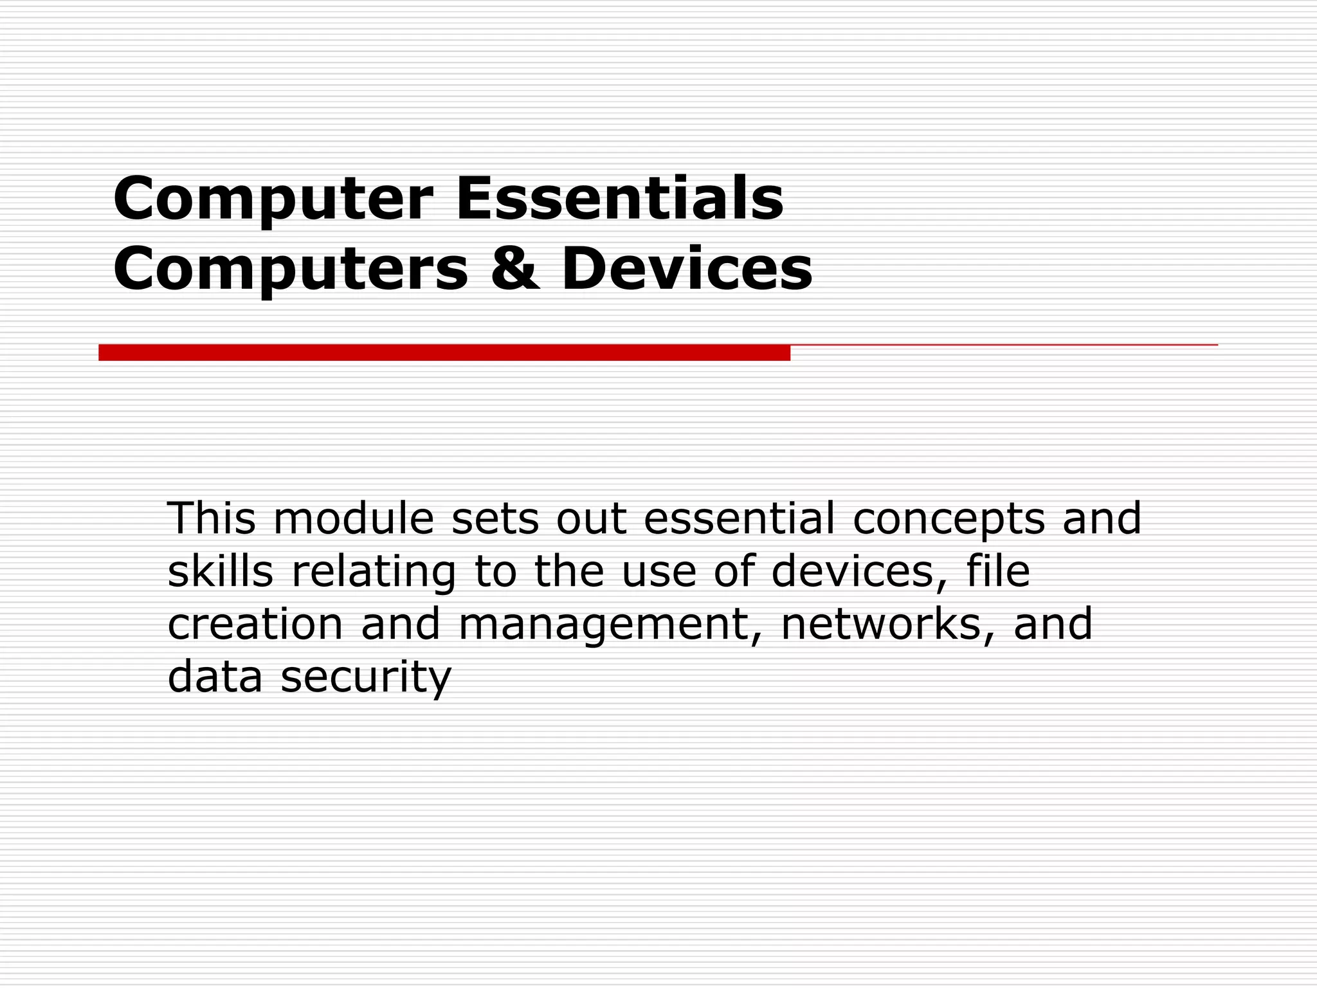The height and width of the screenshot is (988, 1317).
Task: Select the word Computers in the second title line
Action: (291, 269)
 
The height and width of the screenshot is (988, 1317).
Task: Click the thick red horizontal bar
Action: (444, 352)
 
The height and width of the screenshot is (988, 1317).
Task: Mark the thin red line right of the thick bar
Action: (1003, 345)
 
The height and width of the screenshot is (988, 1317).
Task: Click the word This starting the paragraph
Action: (212, 518)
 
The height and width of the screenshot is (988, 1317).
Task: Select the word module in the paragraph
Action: (354, 518)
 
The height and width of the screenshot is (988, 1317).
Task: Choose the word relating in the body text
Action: (374, 572)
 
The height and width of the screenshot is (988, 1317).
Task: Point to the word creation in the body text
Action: (255, 624)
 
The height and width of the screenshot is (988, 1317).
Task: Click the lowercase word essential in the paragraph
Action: (739, 518)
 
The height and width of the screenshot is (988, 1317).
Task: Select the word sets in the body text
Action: (495, 519)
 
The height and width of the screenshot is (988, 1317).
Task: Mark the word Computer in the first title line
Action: (273, 199)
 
